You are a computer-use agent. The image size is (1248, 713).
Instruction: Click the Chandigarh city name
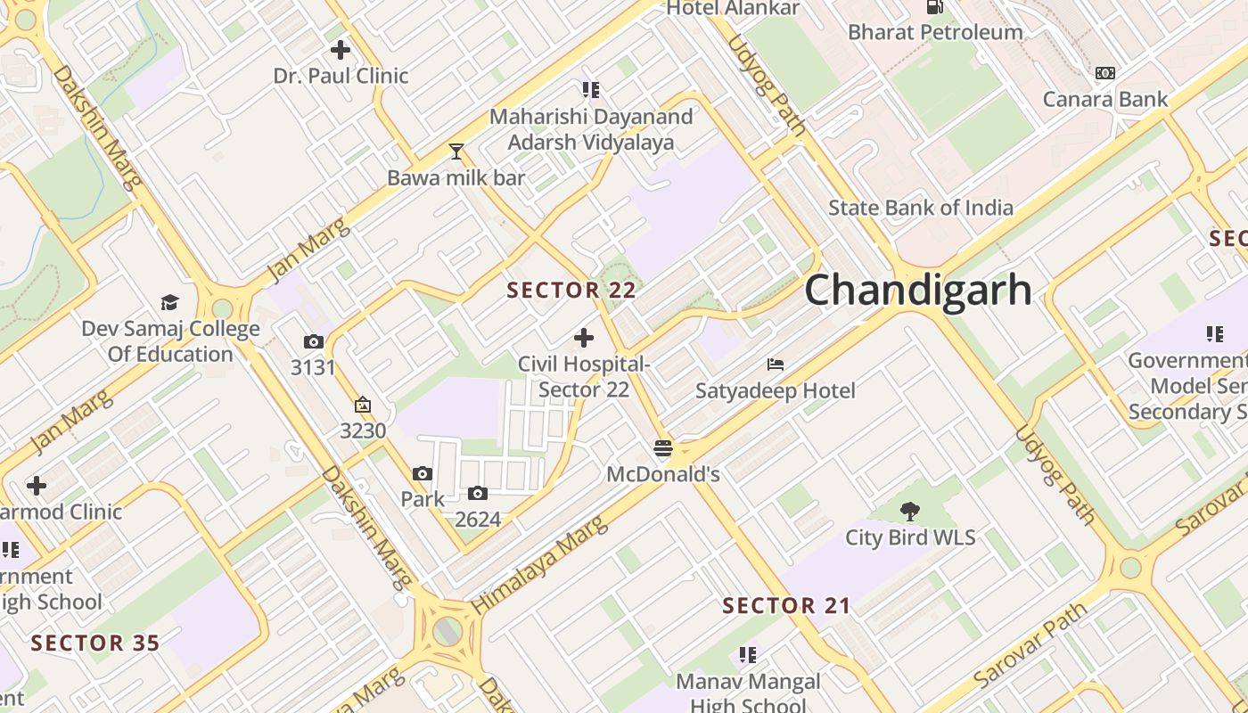coord(918,291)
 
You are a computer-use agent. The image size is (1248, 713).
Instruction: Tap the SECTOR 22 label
coord(571,290)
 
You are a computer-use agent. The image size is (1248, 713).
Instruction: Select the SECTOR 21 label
coord(786,606)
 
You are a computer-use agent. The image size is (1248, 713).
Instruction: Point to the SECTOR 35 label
coord(95,643)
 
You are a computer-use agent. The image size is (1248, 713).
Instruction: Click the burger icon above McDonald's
coord(662,447)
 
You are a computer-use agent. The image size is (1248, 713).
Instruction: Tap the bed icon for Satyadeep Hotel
coord(776,365)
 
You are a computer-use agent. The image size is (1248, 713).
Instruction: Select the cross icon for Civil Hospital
coord(584,338)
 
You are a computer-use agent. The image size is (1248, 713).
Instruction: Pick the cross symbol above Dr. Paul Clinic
coord(340,50)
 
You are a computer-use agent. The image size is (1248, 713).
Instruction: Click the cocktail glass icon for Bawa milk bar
coord(456,152)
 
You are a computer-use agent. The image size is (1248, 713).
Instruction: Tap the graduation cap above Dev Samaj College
coord(169,302)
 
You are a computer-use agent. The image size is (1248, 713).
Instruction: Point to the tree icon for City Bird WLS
coord(910,511)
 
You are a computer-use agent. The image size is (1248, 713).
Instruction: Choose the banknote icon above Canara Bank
coord(1105,73)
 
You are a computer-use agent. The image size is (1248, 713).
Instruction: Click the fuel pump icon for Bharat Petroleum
coord(934,7)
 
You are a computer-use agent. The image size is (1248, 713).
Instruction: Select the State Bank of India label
coord(921,208)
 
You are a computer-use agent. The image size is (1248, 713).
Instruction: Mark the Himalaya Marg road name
coord(539,564)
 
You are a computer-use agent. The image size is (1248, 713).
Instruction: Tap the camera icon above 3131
coord(313,341)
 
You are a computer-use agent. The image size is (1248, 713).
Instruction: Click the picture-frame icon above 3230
coord(363,406)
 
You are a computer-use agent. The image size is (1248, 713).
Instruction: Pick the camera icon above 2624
coord(478,493)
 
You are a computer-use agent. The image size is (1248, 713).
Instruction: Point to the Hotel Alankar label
coord(733,9)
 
